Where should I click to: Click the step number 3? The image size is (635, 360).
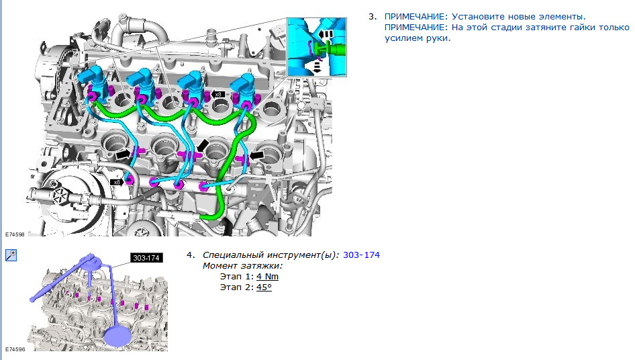[372, 17]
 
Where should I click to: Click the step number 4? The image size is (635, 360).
[191, 255]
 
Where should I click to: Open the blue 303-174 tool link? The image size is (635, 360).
[361, 255]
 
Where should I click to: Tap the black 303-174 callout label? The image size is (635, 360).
[146, 258]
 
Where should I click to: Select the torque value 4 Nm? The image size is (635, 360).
[267, 277]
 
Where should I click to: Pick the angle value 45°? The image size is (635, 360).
[264, 287]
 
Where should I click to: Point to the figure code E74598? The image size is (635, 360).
[15, 234]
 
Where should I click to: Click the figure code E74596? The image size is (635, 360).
[15, 349]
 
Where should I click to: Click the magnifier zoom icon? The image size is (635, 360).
[11, 255]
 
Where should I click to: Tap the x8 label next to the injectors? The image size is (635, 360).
[218, 95]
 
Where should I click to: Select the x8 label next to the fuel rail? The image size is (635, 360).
[116, 182]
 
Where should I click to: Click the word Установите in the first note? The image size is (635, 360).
[478, 17]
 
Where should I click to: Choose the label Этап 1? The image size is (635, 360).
[237, 277]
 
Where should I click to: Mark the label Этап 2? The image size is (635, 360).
[237, 287]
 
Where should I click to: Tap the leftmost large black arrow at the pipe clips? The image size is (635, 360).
[124, 154]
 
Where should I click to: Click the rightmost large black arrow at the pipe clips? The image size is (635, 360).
[257, 155]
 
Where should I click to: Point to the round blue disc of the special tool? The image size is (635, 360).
[118, 337]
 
